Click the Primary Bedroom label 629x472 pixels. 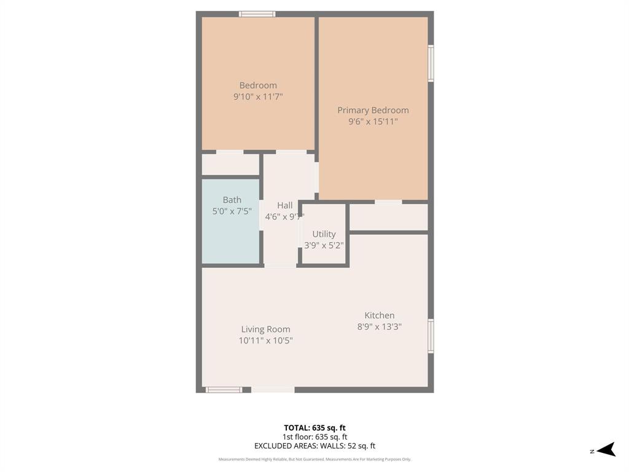click(373, 111)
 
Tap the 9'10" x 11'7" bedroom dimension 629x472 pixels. click(258, 97)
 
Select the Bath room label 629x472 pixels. click(232, 200)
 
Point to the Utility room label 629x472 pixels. click(324, 234)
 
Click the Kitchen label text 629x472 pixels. click(379, 315)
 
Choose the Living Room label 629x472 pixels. click(265, 329)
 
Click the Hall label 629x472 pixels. click(284, 205)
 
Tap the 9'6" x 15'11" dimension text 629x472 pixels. click(373, 122)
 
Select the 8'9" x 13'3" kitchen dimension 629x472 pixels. click(379, 327)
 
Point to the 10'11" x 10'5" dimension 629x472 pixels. click(265, 340)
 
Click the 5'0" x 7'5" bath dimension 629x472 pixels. click(232, 211)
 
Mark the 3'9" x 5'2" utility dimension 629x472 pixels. click(324, 245)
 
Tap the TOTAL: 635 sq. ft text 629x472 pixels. click(314, 428)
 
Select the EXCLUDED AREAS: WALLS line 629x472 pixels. click(314, 446)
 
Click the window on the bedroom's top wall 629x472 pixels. click(257, 14)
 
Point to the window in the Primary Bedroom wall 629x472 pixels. click(431, 63)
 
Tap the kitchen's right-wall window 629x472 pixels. click(431, 336)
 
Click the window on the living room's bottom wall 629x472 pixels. click(224, 390)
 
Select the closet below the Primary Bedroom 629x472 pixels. click(388, 218)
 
